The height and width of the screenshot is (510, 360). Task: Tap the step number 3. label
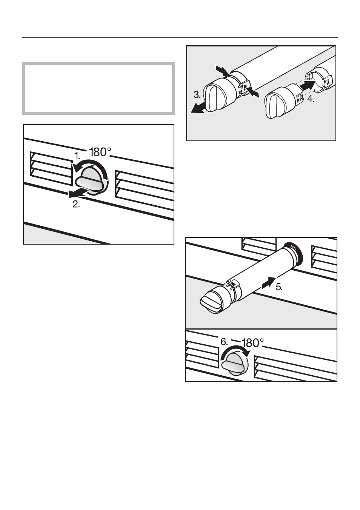pos(197,94)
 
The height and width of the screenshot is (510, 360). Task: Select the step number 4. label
pos(311,99)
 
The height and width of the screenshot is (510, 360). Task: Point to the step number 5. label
pos(279,287)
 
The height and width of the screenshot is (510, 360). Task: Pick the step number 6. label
pos(224,342)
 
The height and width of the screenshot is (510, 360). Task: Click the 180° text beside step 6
pos(252,343)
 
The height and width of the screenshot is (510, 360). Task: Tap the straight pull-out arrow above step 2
pos(78,193)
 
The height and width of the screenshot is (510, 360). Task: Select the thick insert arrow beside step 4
pos(307,85)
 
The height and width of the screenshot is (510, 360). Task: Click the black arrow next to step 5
pos(269,282)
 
